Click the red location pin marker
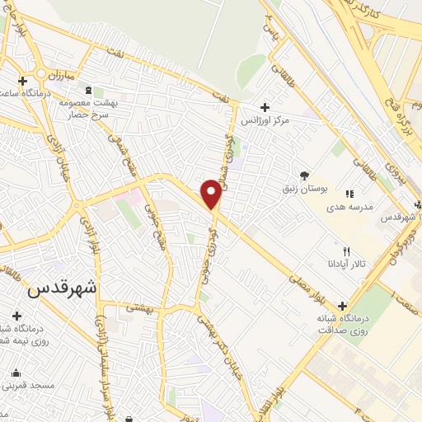point(211,195)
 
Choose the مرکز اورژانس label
point(265,121)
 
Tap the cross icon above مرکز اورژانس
point(264,107)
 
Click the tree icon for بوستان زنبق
point(304,175)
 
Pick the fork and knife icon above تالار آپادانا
point(346,251)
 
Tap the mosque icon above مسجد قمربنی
point(16,372)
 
